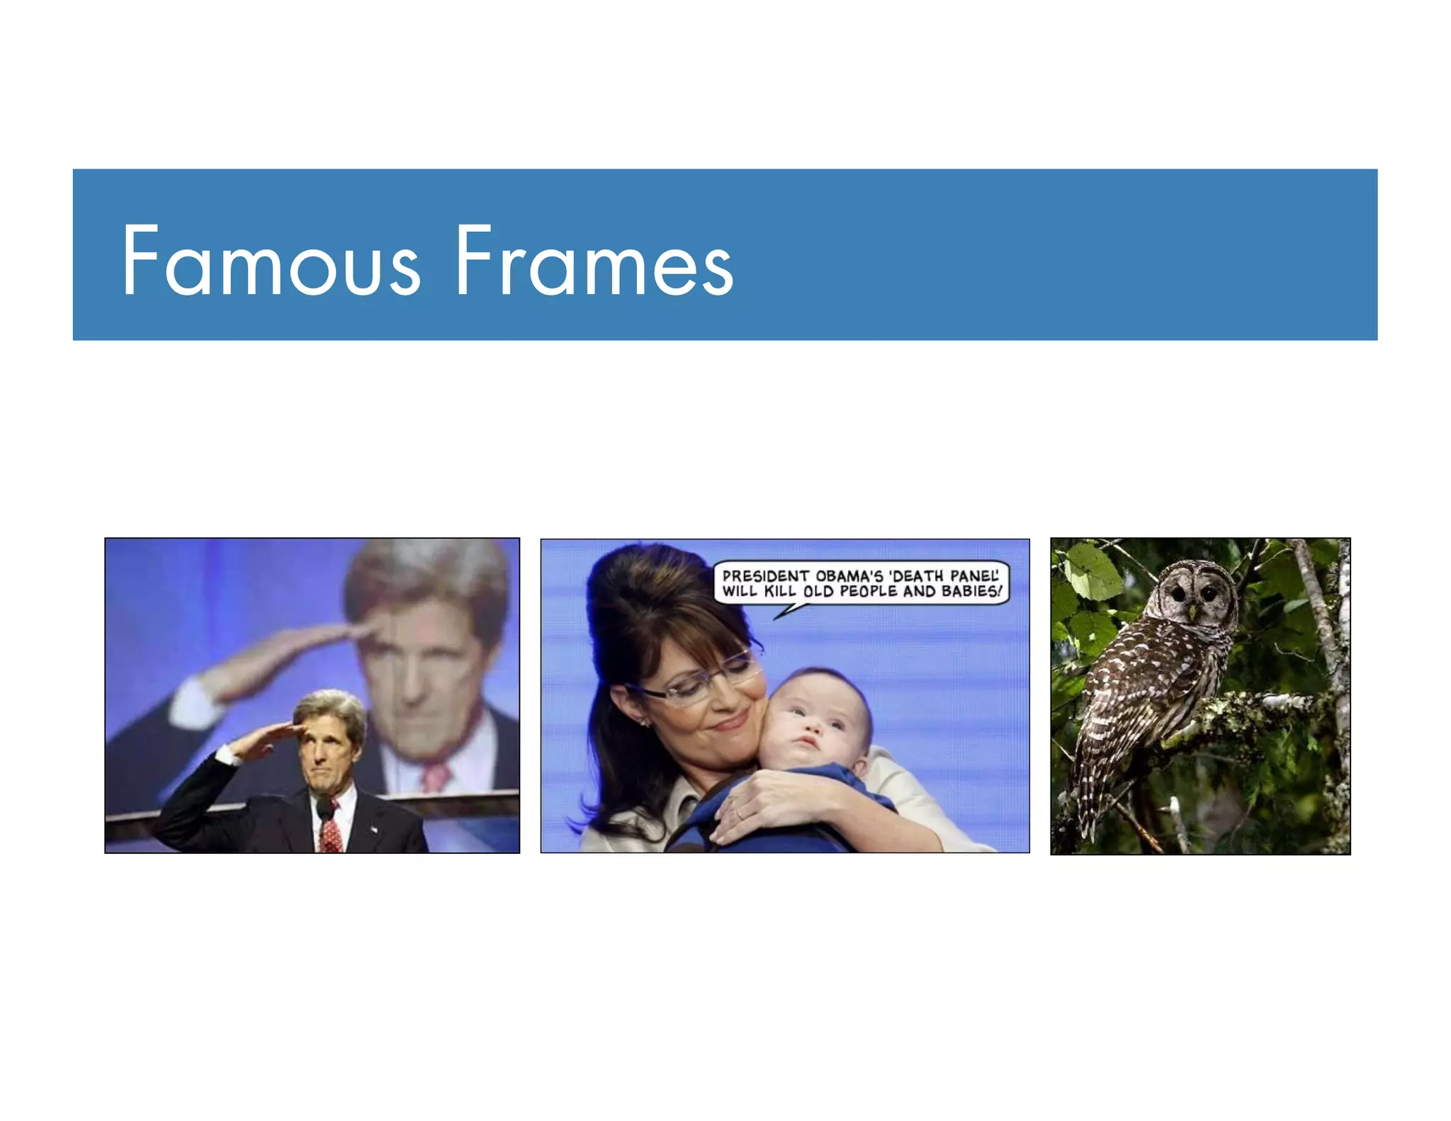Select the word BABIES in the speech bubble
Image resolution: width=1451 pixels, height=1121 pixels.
pyautogui.click(x=971, y=592)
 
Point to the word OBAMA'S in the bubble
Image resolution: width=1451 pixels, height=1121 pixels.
pyautogui.click(x=849, y=576)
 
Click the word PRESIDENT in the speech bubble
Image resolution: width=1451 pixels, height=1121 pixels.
pyautogui.click(x=765, y=576)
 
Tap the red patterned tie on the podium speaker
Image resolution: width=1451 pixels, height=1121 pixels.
pyautogui.click(x=330, y=829)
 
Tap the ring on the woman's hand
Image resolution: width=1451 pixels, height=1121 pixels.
pyautogui.click(x=739, y=814)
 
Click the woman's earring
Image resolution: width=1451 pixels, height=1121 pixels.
pyautogui.click(x=645, y=723)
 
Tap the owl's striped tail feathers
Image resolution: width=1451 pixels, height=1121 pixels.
pyautogui.click(x=1088, y=794)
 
